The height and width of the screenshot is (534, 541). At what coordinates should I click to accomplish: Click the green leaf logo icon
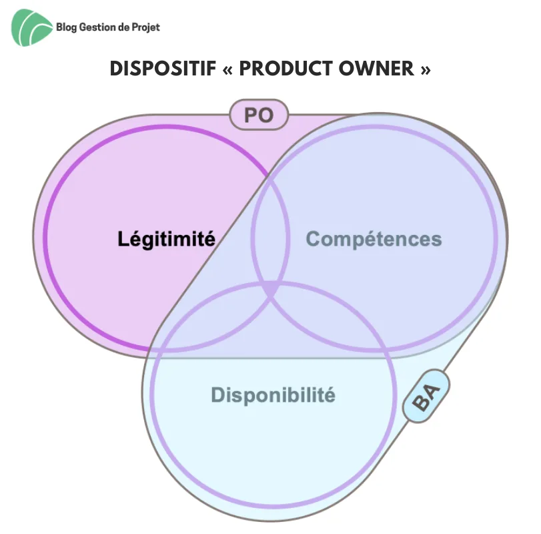(x=32, y=27)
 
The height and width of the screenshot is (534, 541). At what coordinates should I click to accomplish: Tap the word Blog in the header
(x=66, y=27)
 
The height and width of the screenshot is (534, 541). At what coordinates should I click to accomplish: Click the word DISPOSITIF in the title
(x=163, y=68)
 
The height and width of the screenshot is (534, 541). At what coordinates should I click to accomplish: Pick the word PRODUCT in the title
(x=286, y=68)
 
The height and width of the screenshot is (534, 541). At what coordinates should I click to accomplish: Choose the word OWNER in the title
(x=376, y=68)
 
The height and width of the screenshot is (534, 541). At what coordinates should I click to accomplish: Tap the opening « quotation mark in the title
(x=227, y=69)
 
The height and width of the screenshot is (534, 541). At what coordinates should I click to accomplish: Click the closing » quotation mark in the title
(x=426, y=69)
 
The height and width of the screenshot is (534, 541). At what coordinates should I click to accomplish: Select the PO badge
(x=259, y=115)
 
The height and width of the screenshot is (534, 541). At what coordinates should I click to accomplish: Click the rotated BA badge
(x=426, y=396)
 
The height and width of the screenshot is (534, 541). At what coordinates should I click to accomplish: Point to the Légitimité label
(x=166, y=239)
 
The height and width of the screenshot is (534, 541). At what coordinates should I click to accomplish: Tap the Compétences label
(x=374, y=239)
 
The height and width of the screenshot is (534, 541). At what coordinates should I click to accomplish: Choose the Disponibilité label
(x=273, y=395)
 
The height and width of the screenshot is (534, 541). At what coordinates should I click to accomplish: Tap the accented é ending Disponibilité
(x=330, y=395)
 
